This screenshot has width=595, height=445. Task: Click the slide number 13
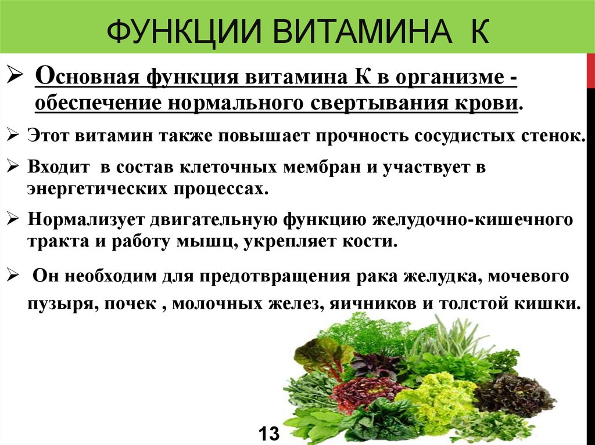pos(268,433)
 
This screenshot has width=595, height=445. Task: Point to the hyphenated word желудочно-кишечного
pos(472,219)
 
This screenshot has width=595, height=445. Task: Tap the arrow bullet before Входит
pos(13,166)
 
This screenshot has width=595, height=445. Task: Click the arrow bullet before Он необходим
pos(13,275)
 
